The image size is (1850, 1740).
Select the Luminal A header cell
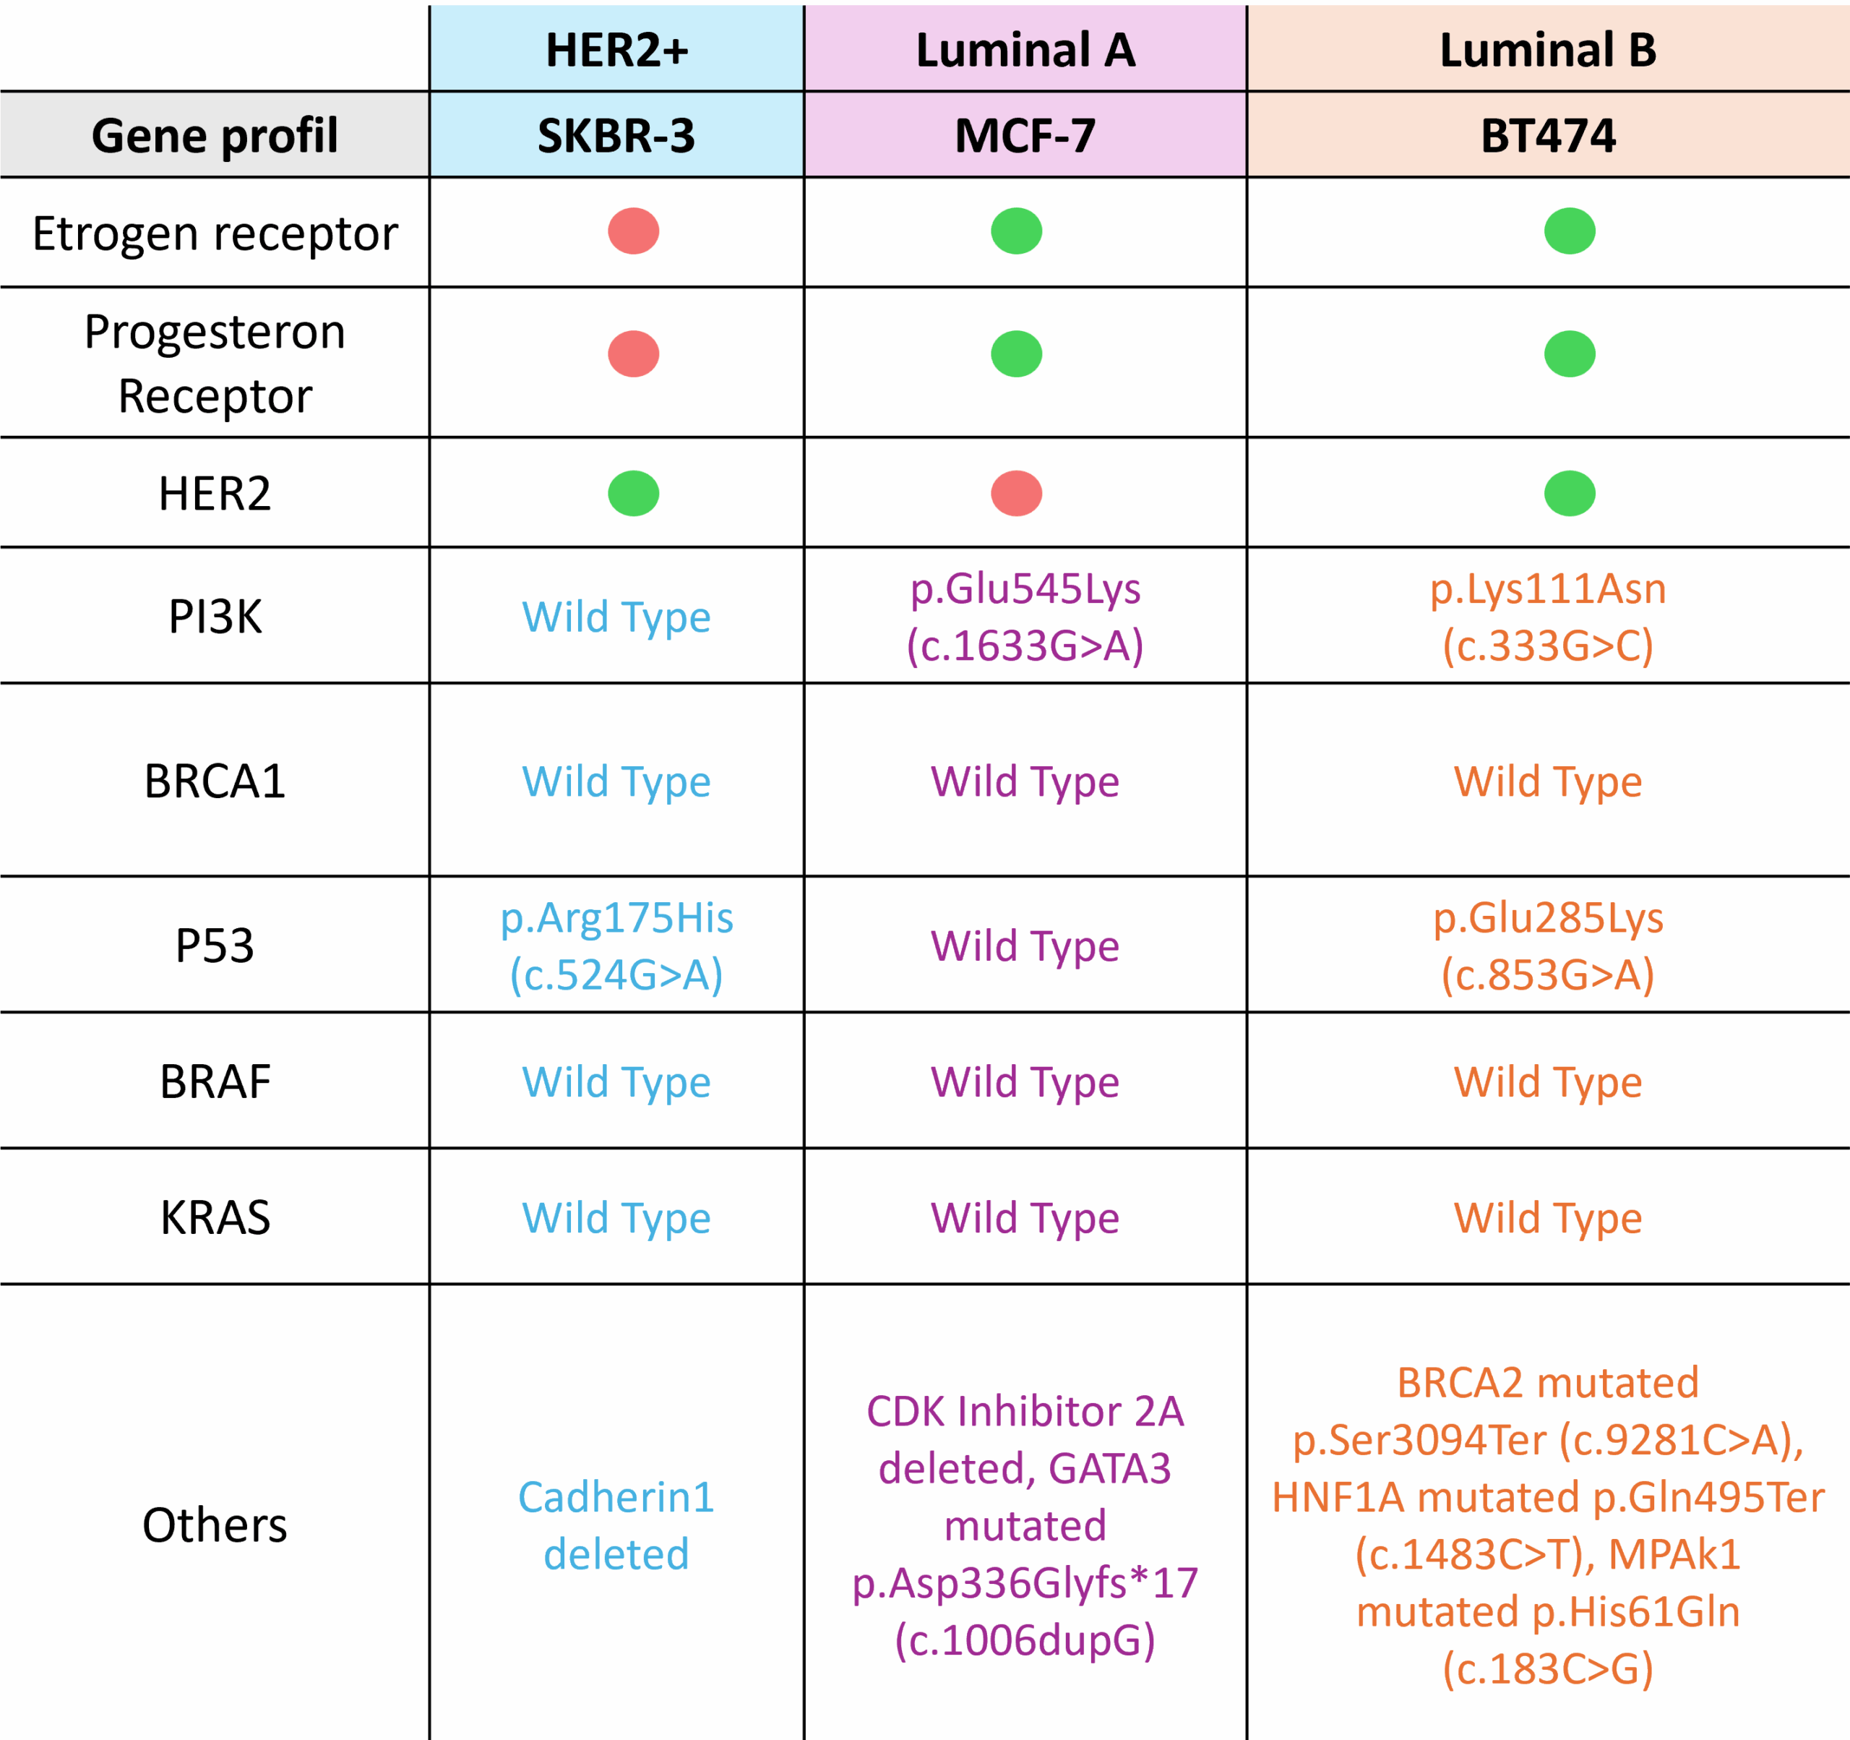tap(1025, 49)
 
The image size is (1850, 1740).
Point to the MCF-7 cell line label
tap(1025, 135)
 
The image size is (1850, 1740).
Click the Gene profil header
tap(215, 136)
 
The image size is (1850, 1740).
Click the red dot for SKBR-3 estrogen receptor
tap(634, 231)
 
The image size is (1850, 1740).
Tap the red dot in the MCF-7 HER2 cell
tap(1016, 494)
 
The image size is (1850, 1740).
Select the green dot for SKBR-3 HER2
tap(634, 494)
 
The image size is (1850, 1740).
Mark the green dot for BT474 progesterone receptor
tap(1570, 353)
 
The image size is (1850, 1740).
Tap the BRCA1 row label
tap(215, 781)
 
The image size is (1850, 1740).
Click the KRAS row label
tap(215, 1218)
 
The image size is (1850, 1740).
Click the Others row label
tap(215, 1525)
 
